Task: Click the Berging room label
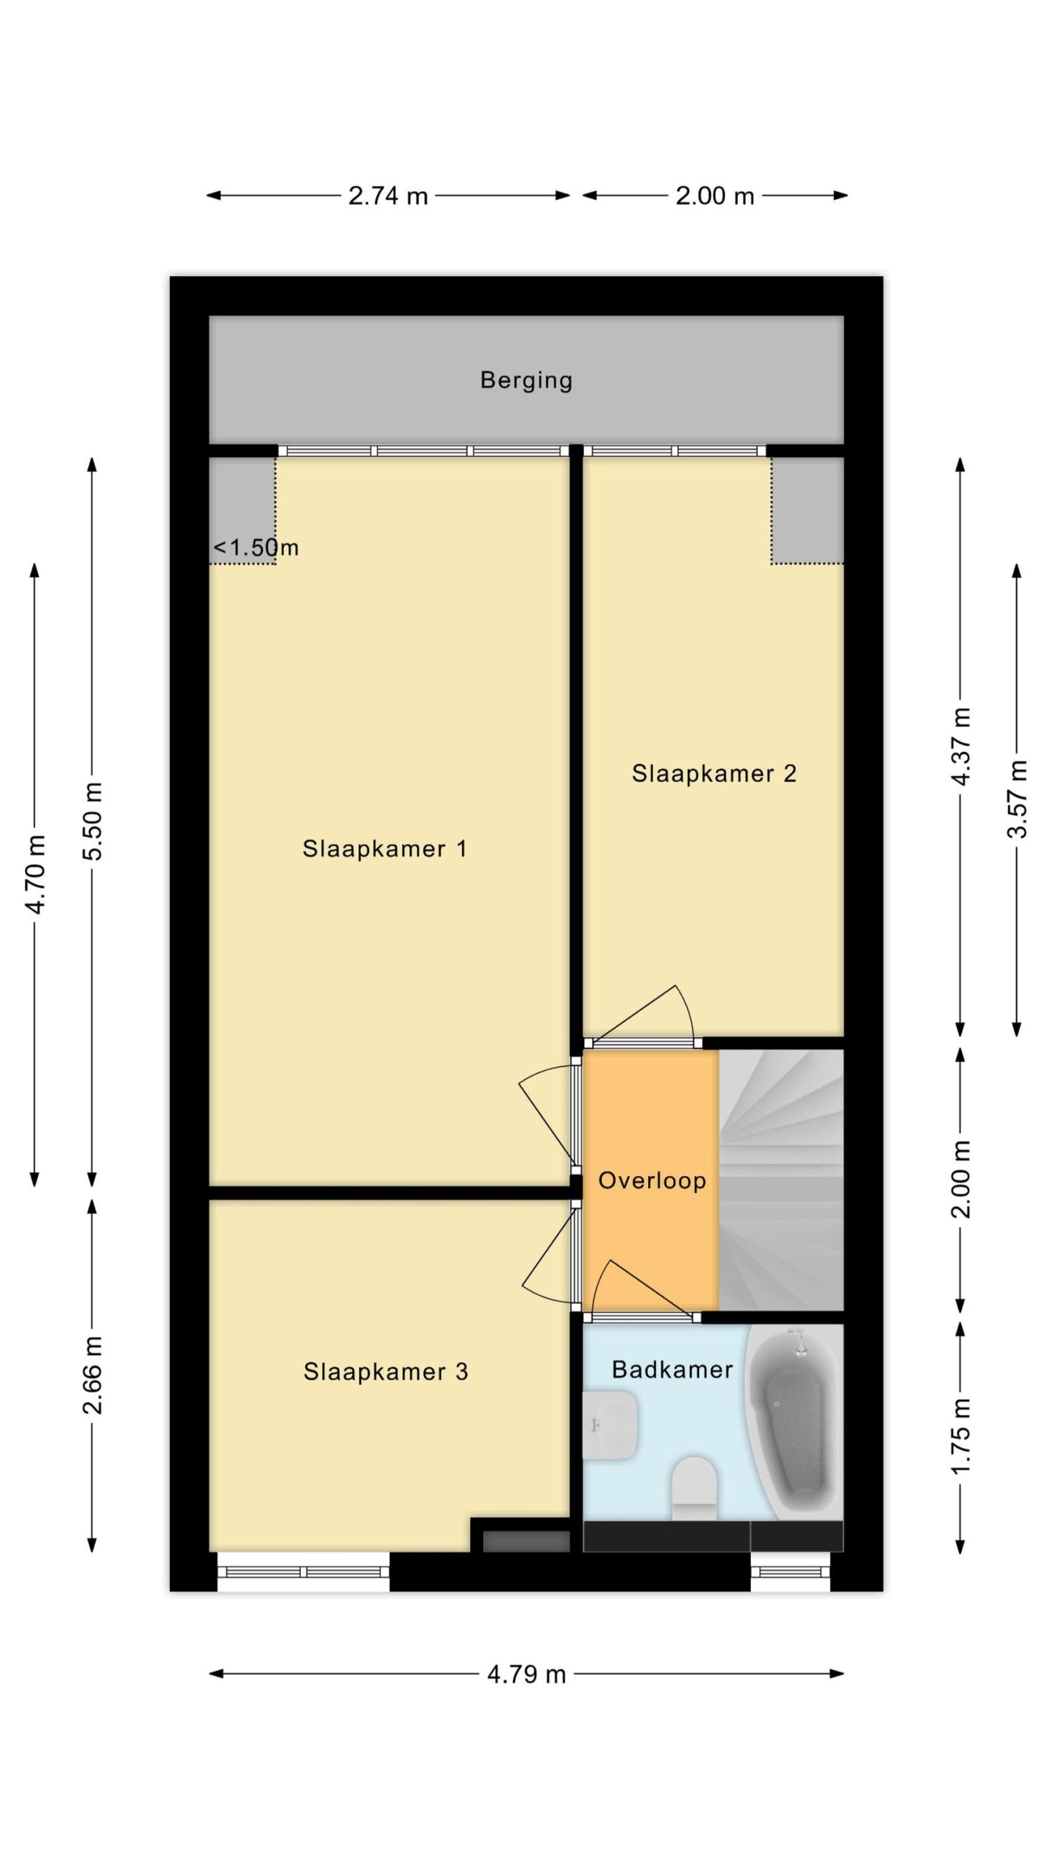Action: point(525,380)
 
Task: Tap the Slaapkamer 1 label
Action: point(385,848)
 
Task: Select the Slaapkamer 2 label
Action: point(714,773)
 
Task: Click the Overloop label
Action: point(652,1181)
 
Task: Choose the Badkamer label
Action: point(672,1369)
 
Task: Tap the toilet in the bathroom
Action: point(694,1489)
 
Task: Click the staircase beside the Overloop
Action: point(781,1180)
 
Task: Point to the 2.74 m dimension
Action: point(388,196)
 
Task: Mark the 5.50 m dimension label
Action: point(93,821)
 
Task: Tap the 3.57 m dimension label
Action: point(1017,799)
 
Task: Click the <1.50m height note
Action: point(255,548)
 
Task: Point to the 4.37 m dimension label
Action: point(961,746)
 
